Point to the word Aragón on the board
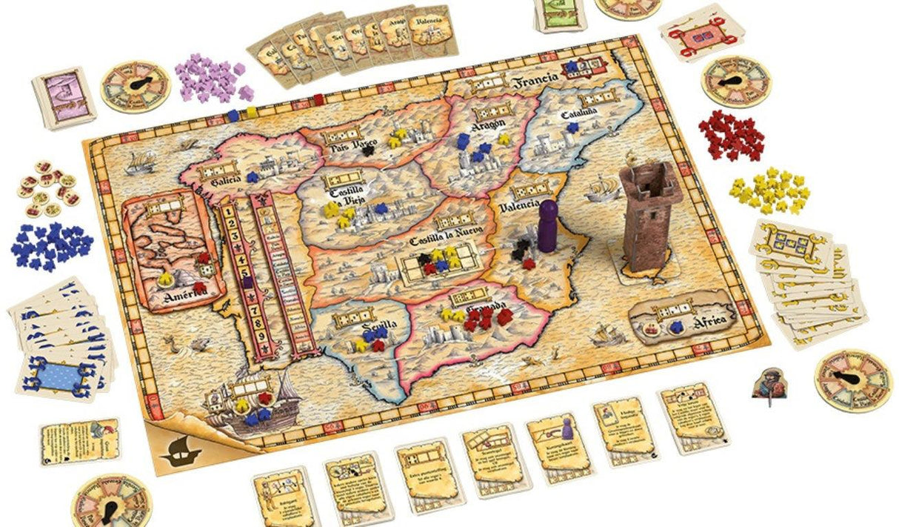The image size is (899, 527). click(487, 126)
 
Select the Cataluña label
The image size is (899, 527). click(579, 114)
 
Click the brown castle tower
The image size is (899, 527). click(646, 216)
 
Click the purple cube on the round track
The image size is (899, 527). click(247, 282)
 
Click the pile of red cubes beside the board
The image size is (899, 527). click(730, 133)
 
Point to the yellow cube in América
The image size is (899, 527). click(167, 281)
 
